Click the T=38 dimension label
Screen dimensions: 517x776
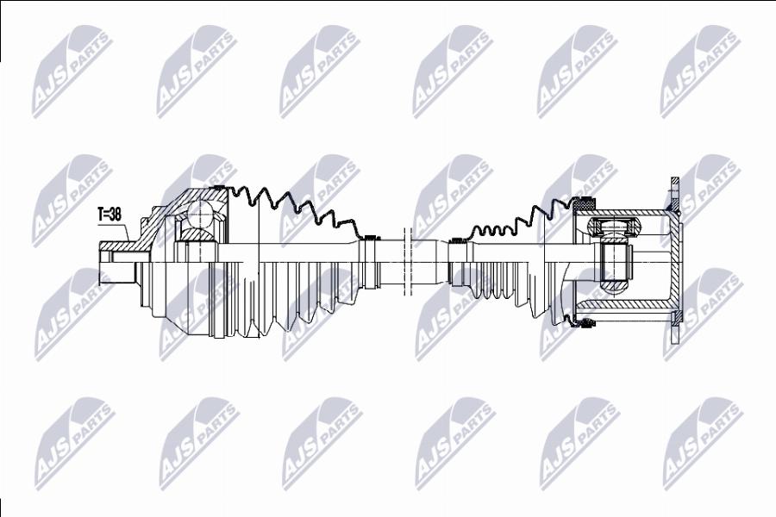point(110,211)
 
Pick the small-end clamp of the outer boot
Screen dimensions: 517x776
point(370,239)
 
